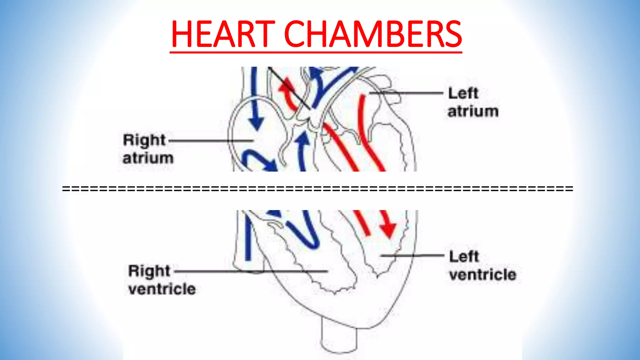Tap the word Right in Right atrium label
point(144,140)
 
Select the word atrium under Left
point(473,112)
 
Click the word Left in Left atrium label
point(463,93)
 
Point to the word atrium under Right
point(148,158)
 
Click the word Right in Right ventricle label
point(149,271)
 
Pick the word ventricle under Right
point(162,289)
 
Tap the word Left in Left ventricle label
point(464,257)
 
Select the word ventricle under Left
point(482,275)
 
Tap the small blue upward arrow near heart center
point(302,141)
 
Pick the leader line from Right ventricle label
point(250,271)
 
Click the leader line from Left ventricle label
point(412,256)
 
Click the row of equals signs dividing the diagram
point(317,188)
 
